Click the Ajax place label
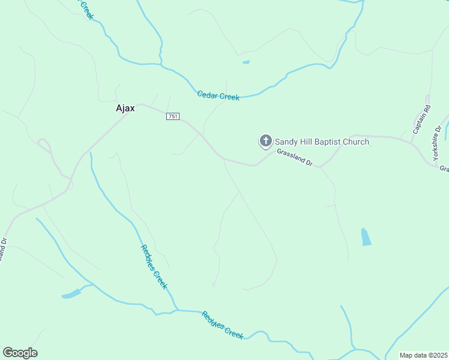tap(125, 109)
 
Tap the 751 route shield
tap(173, 116)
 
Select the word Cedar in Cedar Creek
tap(208, 95)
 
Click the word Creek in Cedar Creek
tap(229, 97)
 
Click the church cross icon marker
tap(265, 141)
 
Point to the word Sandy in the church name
tap(286, 142)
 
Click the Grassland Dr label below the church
tap(295, 157)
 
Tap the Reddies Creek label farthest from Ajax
tap(222, 325)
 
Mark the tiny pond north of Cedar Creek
tap(246, 62)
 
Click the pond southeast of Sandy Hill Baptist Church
tap(366, 237)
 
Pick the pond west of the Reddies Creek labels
tap(71, 294)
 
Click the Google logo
tap(20, 353)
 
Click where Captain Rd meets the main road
tap(411, 142)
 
